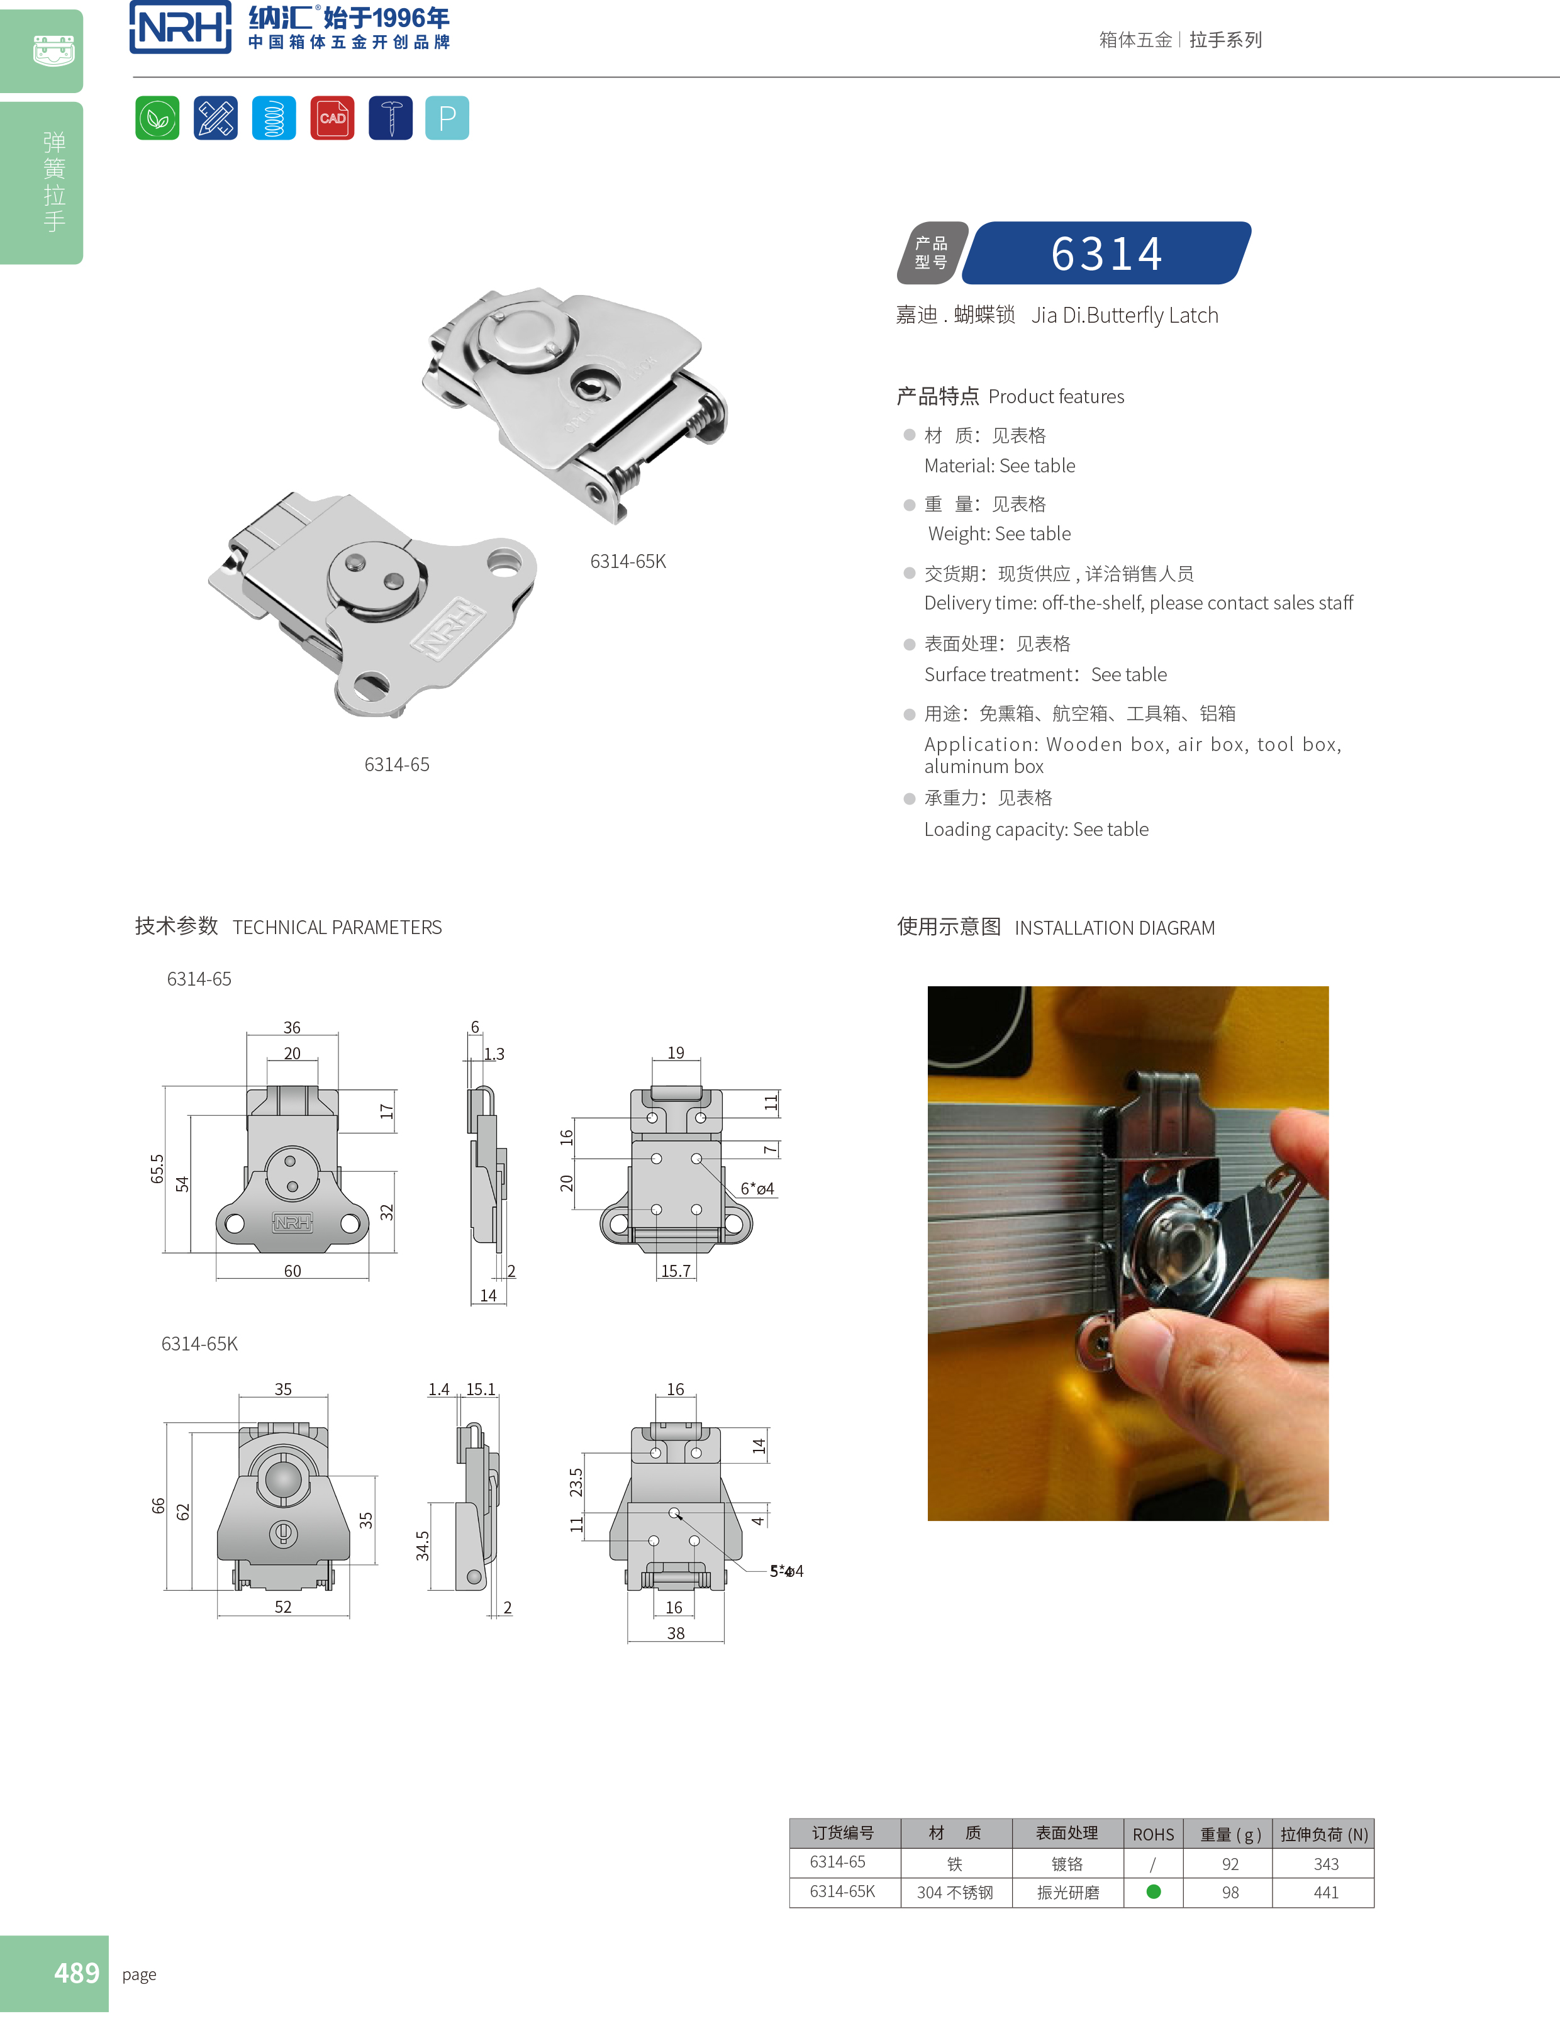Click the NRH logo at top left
181,27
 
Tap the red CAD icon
332,118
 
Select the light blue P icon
447,118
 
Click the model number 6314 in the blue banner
1106,253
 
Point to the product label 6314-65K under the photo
627,562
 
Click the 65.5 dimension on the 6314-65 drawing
157,1169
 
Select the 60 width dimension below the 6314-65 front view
292,1271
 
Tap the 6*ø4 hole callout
757,1189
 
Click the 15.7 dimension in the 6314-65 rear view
676,1271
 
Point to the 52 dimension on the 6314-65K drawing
283,1607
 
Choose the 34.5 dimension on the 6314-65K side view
423,1545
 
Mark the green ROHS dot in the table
1153,1891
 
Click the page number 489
76,1973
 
